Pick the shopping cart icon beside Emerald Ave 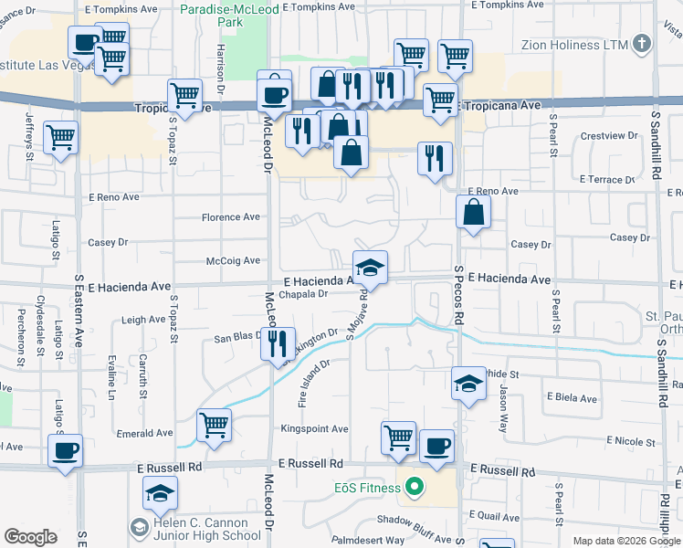(214, 423)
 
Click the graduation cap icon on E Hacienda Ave (370, 267)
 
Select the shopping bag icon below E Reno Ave (473, 213)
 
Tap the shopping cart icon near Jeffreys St (61, 138)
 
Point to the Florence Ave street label (231, 217)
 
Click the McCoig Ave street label (234, 260)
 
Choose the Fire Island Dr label (311, 383)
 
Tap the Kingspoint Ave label (315, 428)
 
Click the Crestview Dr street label (609, 136)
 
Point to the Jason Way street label (503, 407)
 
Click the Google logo (30, 536)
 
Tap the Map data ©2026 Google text (625, 541)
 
